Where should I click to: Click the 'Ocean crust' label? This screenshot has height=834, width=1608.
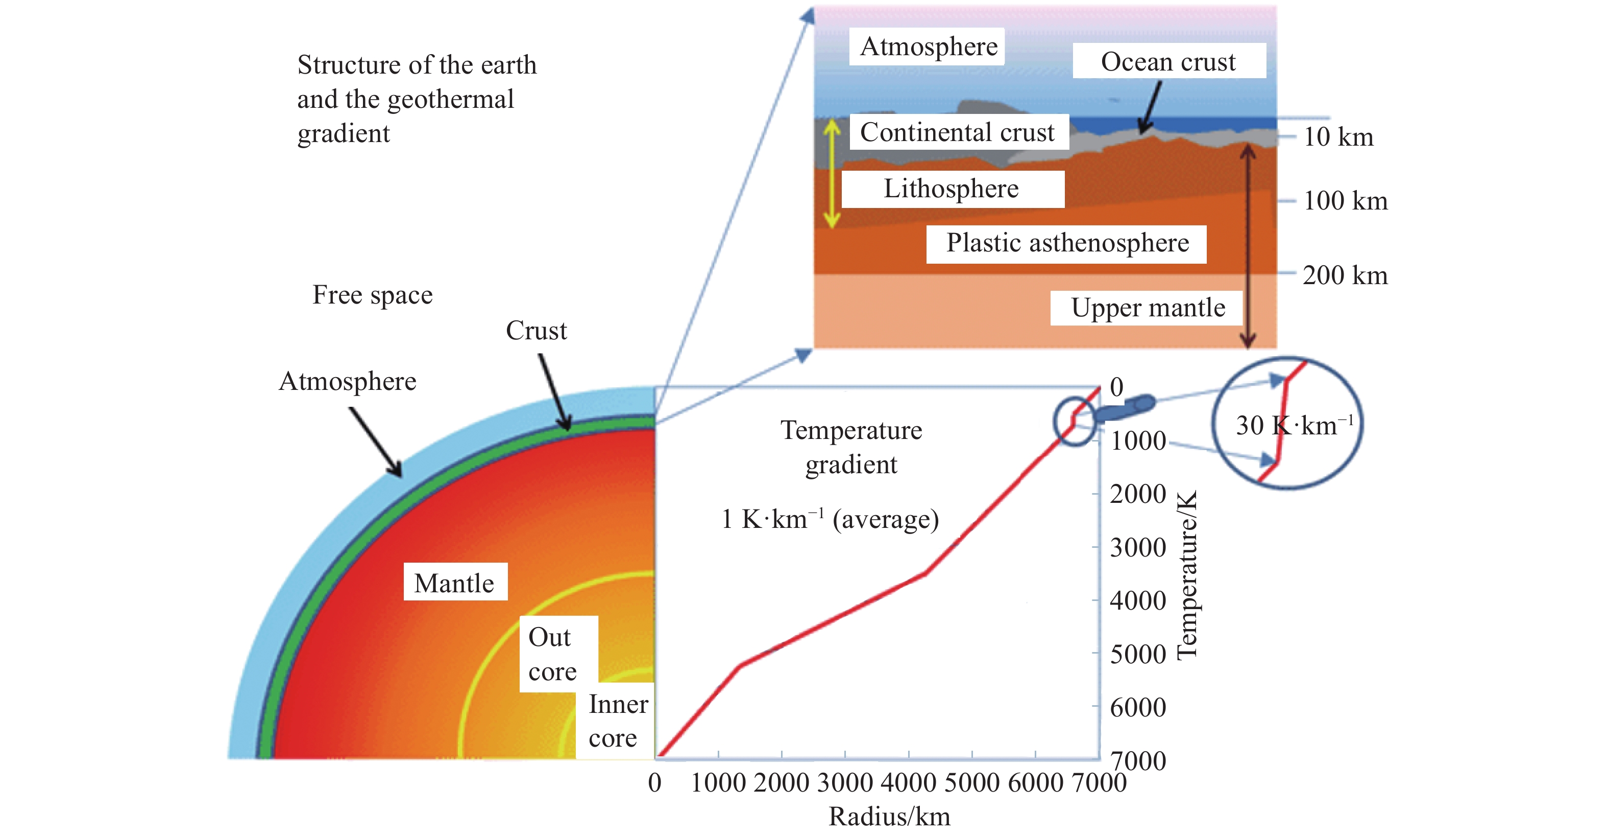pyautogui.click(x=1168, y=61)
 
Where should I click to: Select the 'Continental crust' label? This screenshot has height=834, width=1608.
pyautogui.click(x=958, y=132)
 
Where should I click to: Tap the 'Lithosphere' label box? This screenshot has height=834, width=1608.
pyautogui.click(x=953, y=189)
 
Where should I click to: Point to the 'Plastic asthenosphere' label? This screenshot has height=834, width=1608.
pyautogui.click(x=1067, y=244)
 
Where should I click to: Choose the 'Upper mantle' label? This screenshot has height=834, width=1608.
pyautogui.click(x=1148, y=308)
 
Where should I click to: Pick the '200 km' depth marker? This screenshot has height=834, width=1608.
pyautogui.click(x=1345, y=275)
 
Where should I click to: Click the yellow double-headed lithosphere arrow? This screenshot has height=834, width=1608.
pyautogui.click(x=832, y=173)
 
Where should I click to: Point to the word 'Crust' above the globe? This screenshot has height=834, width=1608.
pyautogui.click(x=536, y=331)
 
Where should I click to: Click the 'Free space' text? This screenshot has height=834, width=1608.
pyautogui.click(x=373, y=295)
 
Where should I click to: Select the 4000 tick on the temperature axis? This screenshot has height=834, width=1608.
pyautogui.click(x=1138, y=600)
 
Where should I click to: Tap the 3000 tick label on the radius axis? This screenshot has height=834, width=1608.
pyautogui.click(x=845, y=782)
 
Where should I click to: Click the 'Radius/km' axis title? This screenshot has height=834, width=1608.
pyautogui.click(x=890, y=817)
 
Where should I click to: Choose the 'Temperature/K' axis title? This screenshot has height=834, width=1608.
pyautogui.click(x=1187, y=575)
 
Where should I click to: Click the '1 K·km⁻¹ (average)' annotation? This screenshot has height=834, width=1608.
pyautogui.click(x=830, y=519)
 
